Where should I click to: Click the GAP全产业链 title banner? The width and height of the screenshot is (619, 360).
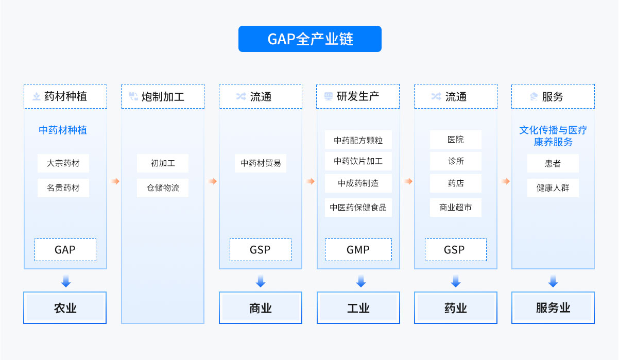tap(310, 39)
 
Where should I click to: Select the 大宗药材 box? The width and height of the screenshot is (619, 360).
tap(63, 163)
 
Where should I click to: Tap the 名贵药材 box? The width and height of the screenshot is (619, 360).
tap(63, 188)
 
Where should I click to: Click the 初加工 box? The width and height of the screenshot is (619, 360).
tap(163, 163)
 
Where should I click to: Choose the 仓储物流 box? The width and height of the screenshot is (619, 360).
tap(163, 188)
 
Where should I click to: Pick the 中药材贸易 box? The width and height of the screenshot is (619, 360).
tap(261, 163)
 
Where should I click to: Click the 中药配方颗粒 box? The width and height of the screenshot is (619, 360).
tap(358, 140)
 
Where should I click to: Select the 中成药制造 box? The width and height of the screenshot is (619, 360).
tap(358, 183)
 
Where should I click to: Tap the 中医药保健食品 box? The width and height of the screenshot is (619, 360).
tap(358, 208)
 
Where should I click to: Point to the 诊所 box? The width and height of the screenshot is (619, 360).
tap(456, 161)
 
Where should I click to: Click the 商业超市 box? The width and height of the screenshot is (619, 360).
tap(456, 208)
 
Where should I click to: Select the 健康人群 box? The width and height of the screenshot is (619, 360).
tap(553, 188)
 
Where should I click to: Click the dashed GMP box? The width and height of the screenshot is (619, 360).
tap(358, 250)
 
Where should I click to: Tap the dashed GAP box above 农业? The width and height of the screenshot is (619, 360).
tap(65, 250)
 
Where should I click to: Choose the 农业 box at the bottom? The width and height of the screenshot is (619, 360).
tap(65, 308)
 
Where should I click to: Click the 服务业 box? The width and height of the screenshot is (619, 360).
tap(553, 308)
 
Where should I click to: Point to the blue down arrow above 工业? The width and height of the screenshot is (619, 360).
tap(361, 281)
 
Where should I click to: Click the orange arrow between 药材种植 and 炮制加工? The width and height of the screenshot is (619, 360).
tap(115, 181)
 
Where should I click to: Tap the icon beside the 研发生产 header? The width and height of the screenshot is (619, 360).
tap(329, 96)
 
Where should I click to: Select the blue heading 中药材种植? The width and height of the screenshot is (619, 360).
tap(63, 130)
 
